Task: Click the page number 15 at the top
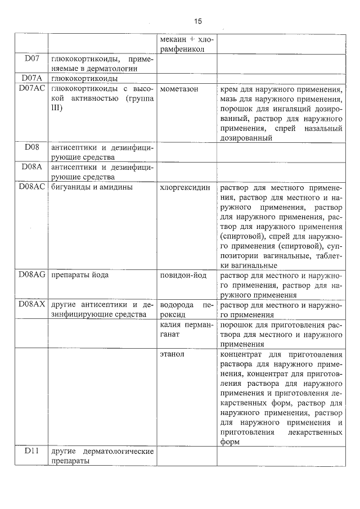pyautogui.click(x=197, y=21)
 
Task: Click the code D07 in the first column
pyautogui.click(x=32, y=58)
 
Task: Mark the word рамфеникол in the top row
pyautogui.click(x=182, y=49)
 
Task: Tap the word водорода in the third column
pyautogui.click(x=176, y=305)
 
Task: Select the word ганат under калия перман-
pyautogui.click(x=170, y=334)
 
